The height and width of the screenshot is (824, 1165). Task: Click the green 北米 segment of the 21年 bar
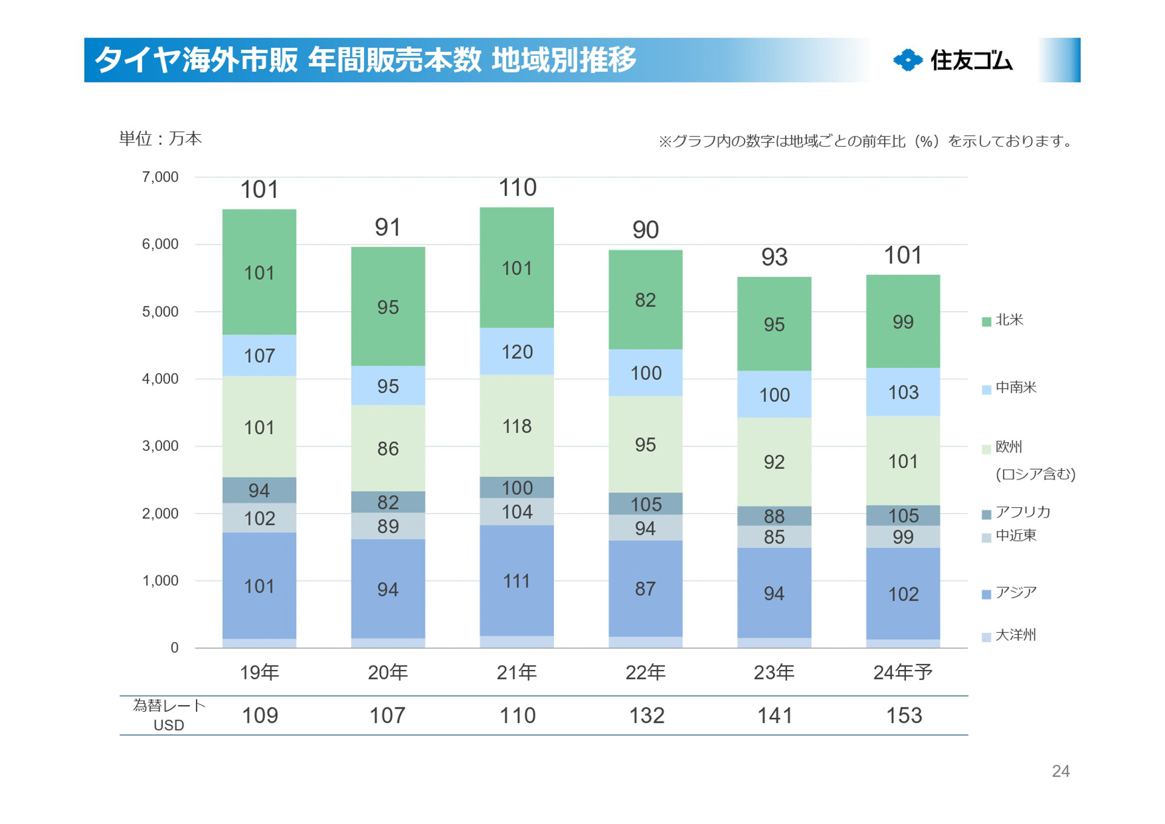point(516,268)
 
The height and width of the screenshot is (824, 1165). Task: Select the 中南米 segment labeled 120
point(516,351)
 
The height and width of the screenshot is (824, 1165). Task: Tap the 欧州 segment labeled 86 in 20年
point(388,448)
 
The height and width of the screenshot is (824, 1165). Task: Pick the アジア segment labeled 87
point(645,589)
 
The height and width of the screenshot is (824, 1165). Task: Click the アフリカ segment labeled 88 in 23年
point(774,516)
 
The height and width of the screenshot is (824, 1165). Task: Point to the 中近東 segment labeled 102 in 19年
point(259,518)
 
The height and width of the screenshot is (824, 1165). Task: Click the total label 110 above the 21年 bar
point(517,188)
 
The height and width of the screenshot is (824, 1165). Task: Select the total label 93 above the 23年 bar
point(774,257)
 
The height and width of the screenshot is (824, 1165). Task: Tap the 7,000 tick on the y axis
point(160,177)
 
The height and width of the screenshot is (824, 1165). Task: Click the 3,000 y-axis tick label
point(160,446)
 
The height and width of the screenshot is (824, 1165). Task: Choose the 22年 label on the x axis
point(645,672)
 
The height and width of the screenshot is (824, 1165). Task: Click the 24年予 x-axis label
point(902,672)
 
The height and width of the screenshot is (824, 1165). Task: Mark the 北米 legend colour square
point(987,321)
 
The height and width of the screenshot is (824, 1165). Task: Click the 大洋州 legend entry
point(1015,635)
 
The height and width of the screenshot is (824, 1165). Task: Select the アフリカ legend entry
point(1022,512)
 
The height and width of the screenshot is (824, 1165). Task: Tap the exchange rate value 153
point(903,716)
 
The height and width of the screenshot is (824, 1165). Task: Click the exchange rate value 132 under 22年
point(646,716)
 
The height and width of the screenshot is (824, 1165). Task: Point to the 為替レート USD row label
point(169,715)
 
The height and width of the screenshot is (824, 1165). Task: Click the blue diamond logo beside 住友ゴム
point(908,60)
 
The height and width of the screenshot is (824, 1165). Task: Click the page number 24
point(1060,771)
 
